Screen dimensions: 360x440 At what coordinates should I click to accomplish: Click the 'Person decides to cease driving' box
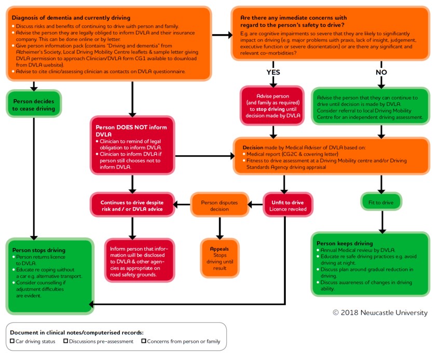click(x=34, y=105)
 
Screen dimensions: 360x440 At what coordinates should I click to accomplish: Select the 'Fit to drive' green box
click(x=382, y=201)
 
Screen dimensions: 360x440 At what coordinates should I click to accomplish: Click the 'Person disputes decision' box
click(x=219, y=205)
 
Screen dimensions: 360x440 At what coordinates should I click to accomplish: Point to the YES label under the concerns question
click(x=273, y=72)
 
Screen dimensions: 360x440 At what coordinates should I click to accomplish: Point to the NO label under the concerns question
click(x=381, y=72)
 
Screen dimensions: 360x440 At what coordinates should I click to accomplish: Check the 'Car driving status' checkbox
click(x=12, y=341)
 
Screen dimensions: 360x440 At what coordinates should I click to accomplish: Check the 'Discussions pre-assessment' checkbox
click(x=65, y=341)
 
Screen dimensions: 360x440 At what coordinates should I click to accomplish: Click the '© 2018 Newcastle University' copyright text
click(x=380, y=313)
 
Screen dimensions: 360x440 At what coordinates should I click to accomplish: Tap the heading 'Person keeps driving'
click(x=345, y=243)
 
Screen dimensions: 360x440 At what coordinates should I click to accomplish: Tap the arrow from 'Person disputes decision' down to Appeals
click(x=219, y=227)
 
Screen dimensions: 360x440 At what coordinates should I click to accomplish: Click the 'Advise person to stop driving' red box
click(x=271, y=106)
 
